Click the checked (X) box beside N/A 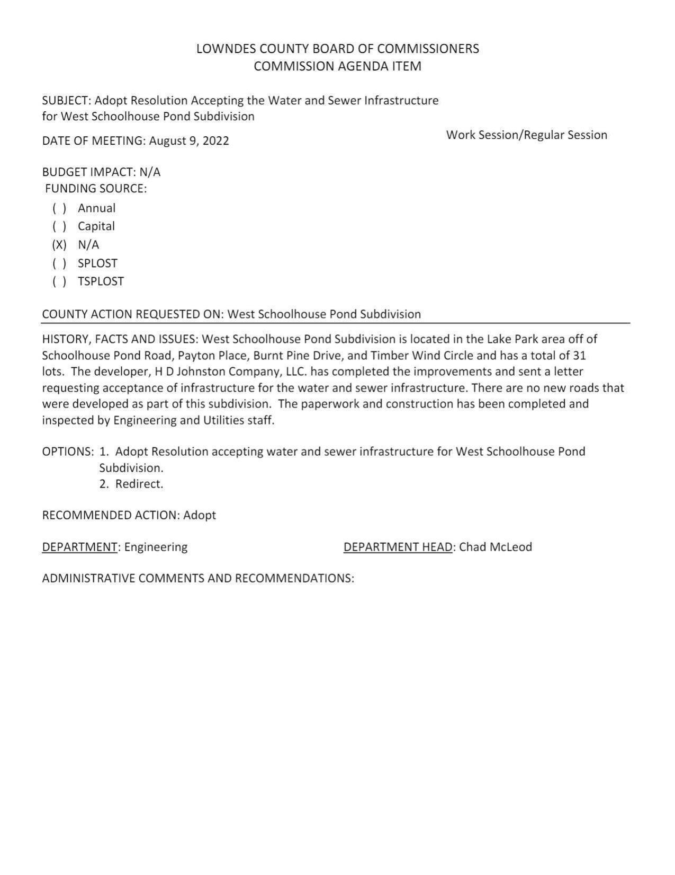(x=59, y=245)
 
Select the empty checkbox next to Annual (x=59, y=208)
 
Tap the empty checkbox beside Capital (x=59, y=226)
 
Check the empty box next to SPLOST (x=59, y=263)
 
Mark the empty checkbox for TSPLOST (x=59, y=281)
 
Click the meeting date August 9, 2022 (x=189, y=141)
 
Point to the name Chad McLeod (x=495, y=547)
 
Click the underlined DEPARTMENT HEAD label (x=398, y=547)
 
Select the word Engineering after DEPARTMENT (x=156, y=547)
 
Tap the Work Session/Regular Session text (x=526, y=135)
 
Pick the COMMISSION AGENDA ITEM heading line (x=337, y=66)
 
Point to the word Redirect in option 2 (x=139, y=484)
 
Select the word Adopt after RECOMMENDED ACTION (x=200, y=515)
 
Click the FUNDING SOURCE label (x=96, y=189)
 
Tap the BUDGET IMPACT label (x=88, y=172)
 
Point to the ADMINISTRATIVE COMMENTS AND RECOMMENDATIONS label (x=197, y=578)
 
